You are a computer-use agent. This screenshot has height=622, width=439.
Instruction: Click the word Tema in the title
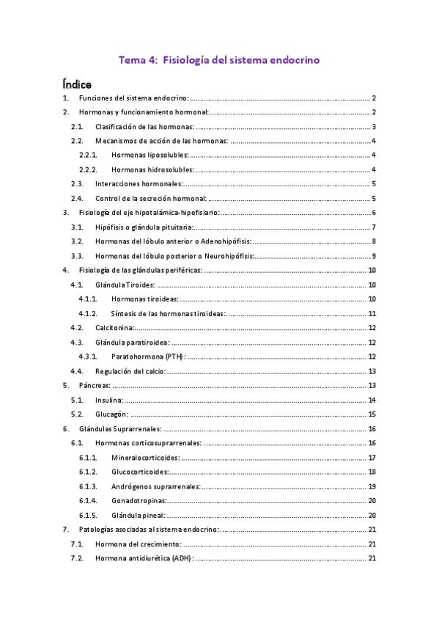coord(133,61)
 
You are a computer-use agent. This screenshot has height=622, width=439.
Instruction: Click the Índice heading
coord(77,84)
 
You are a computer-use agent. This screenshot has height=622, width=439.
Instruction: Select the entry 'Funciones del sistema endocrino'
coord(134,98)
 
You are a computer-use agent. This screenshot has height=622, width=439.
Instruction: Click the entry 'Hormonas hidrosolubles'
coord(153,170)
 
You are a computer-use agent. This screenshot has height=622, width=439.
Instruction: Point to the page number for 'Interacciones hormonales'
coord(373,184)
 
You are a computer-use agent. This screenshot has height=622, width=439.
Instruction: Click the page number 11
coord(372,313)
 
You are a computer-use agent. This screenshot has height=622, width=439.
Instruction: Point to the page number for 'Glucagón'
coord(372,414)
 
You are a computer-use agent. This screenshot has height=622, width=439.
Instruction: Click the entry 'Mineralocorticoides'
coord(145,457)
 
